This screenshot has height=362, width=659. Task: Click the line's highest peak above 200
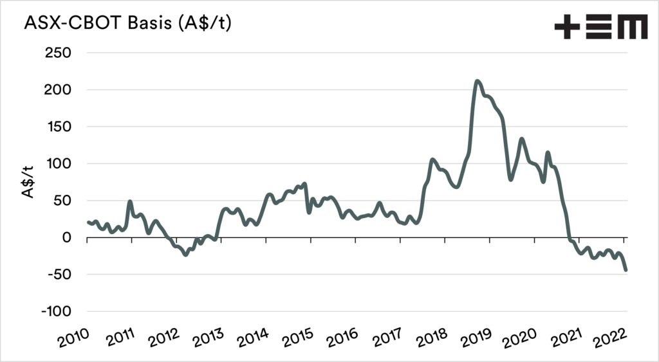click(477, 81)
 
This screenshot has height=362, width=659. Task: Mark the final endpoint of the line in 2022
click(626, 270)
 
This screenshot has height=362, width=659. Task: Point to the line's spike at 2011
click(130, 201)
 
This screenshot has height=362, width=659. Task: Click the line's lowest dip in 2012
click(185, 255)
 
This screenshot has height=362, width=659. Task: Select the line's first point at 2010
click(88, 222)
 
